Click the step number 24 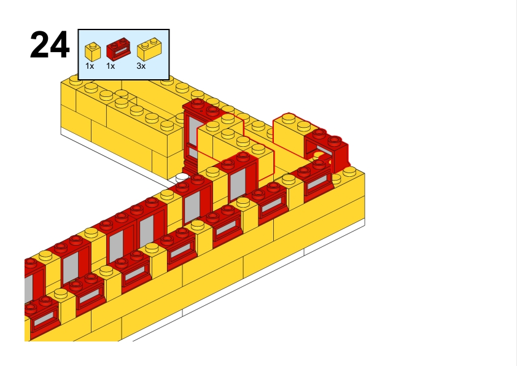pos(50,45)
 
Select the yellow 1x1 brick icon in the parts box pos(93,52)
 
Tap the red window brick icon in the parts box pos(119,49)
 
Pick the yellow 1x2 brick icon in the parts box pos(149,49)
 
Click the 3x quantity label pos(141,66)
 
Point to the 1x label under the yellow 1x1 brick pos(90,66)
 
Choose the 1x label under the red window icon pos(111,66)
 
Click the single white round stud pos(182,177)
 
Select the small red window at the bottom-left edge pos(42,316)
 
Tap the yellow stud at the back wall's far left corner pos(76,79)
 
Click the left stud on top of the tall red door pos(198,103)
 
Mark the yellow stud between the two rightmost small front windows pos(289,179)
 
